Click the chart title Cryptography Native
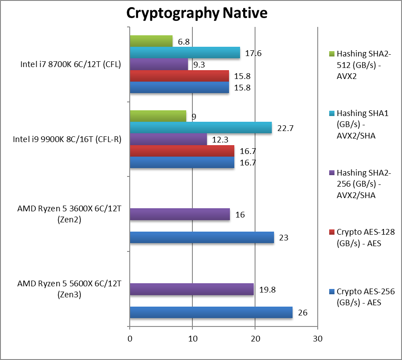pos(197,13)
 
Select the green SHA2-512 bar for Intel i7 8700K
pos(151,41)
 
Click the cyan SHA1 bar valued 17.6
pos(185,53)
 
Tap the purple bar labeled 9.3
pos(159,64)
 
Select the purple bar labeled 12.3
pos(168,139)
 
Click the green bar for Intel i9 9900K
pos(158,116)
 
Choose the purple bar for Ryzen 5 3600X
pos(180,214)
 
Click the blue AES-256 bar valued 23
pos(202,237)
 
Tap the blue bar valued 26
pos(211,312)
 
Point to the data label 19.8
pos(266,290)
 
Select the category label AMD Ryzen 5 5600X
pos(69,289)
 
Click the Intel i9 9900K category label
pos(67,139)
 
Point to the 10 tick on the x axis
pos(192,339)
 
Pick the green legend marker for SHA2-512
pos(332,54)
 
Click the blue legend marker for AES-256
pos(332,292)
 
